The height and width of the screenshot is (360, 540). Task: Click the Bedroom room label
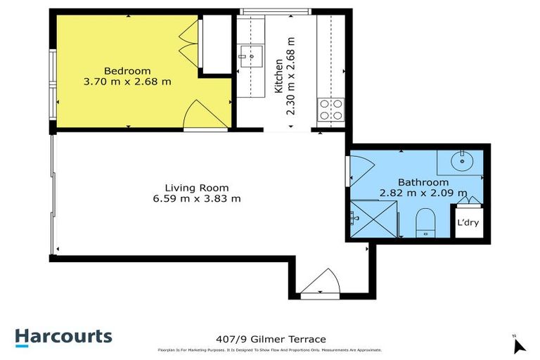pyautogui.click(x=127, y=70)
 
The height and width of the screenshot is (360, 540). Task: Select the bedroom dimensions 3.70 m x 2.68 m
pyautogui.click(x=127, y=82)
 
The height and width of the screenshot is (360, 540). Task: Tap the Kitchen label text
pyautogui.click(x=278, y=77)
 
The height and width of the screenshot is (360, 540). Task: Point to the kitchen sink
pyautogui.click(x=249, y=53)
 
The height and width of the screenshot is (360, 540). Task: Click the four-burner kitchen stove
pyautogui.click(x=330, y=110)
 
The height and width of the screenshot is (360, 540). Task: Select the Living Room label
pyautogui.click(x=197, y=188)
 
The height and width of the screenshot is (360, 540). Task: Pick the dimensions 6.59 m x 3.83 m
pyautogui.click(x=197, y=199)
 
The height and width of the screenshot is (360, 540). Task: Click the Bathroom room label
pyautogui.click(x=423, y=181)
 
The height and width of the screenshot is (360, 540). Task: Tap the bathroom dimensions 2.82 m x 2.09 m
pyautogui.click(x=423, y=193)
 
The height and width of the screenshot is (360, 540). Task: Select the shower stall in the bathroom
pyautogui.click(x=373, y=219)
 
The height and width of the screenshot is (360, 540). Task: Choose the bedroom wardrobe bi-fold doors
pyautogui.click(x=186, y=42)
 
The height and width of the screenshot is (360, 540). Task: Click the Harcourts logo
pyautogui.click(x=63, y=337)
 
